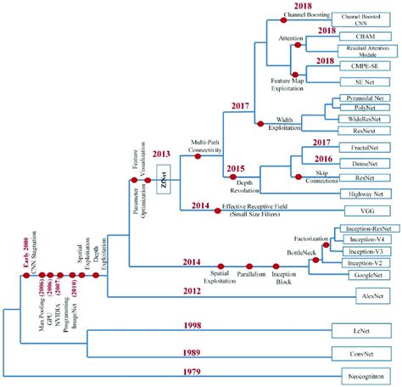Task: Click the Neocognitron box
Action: [366, 373]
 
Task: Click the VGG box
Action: [366, 209]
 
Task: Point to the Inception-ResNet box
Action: [366, 229]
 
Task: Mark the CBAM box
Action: [366, 37]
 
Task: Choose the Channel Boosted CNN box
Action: [366, 19]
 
